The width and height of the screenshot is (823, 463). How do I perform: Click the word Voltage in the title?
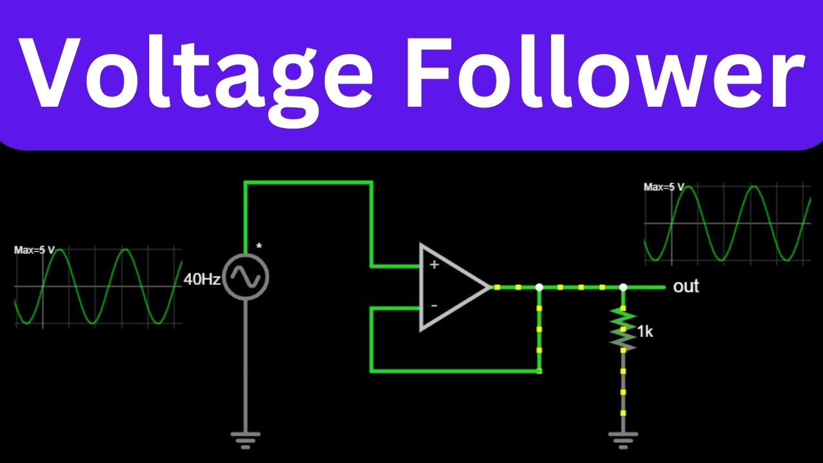(x=196, y=79)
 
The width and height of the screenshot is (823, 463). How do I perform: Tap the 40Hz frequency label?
(x=202, y=280)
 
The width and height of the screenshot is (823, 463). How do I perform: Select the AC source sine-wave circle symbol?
(x=246, y=277)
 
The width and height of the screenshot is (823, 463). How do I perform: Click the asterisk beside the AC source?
(x=259, y=246)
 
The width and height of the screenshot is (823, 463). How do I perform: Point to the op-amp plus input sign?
(x=434, y=264)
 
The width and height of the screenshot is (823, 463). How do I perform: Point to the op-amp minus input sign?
(x=434, y=305)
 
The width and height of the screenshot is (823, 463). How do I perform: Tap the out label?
(x=686, y=286)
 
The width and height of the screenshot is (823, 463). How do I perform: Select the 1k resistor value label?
(x=645, y=332)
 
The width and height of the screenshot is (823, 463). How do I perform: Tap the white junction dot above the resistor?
(x=623, y=287)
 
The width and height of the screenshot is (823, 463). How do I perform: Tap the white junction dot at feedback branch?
(x=539, y=287)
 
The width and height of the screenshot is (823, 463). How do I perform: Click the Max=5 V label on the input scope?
(x=34, y=250)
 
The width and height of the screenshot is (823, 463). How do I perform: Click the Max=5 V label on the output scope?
(x=664, y=187)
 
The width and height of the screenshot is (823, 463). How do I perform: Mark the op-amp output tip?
(x=491, y=287)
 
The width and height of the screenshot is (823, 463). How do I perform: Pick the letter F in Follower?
(x=429, y=71)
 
